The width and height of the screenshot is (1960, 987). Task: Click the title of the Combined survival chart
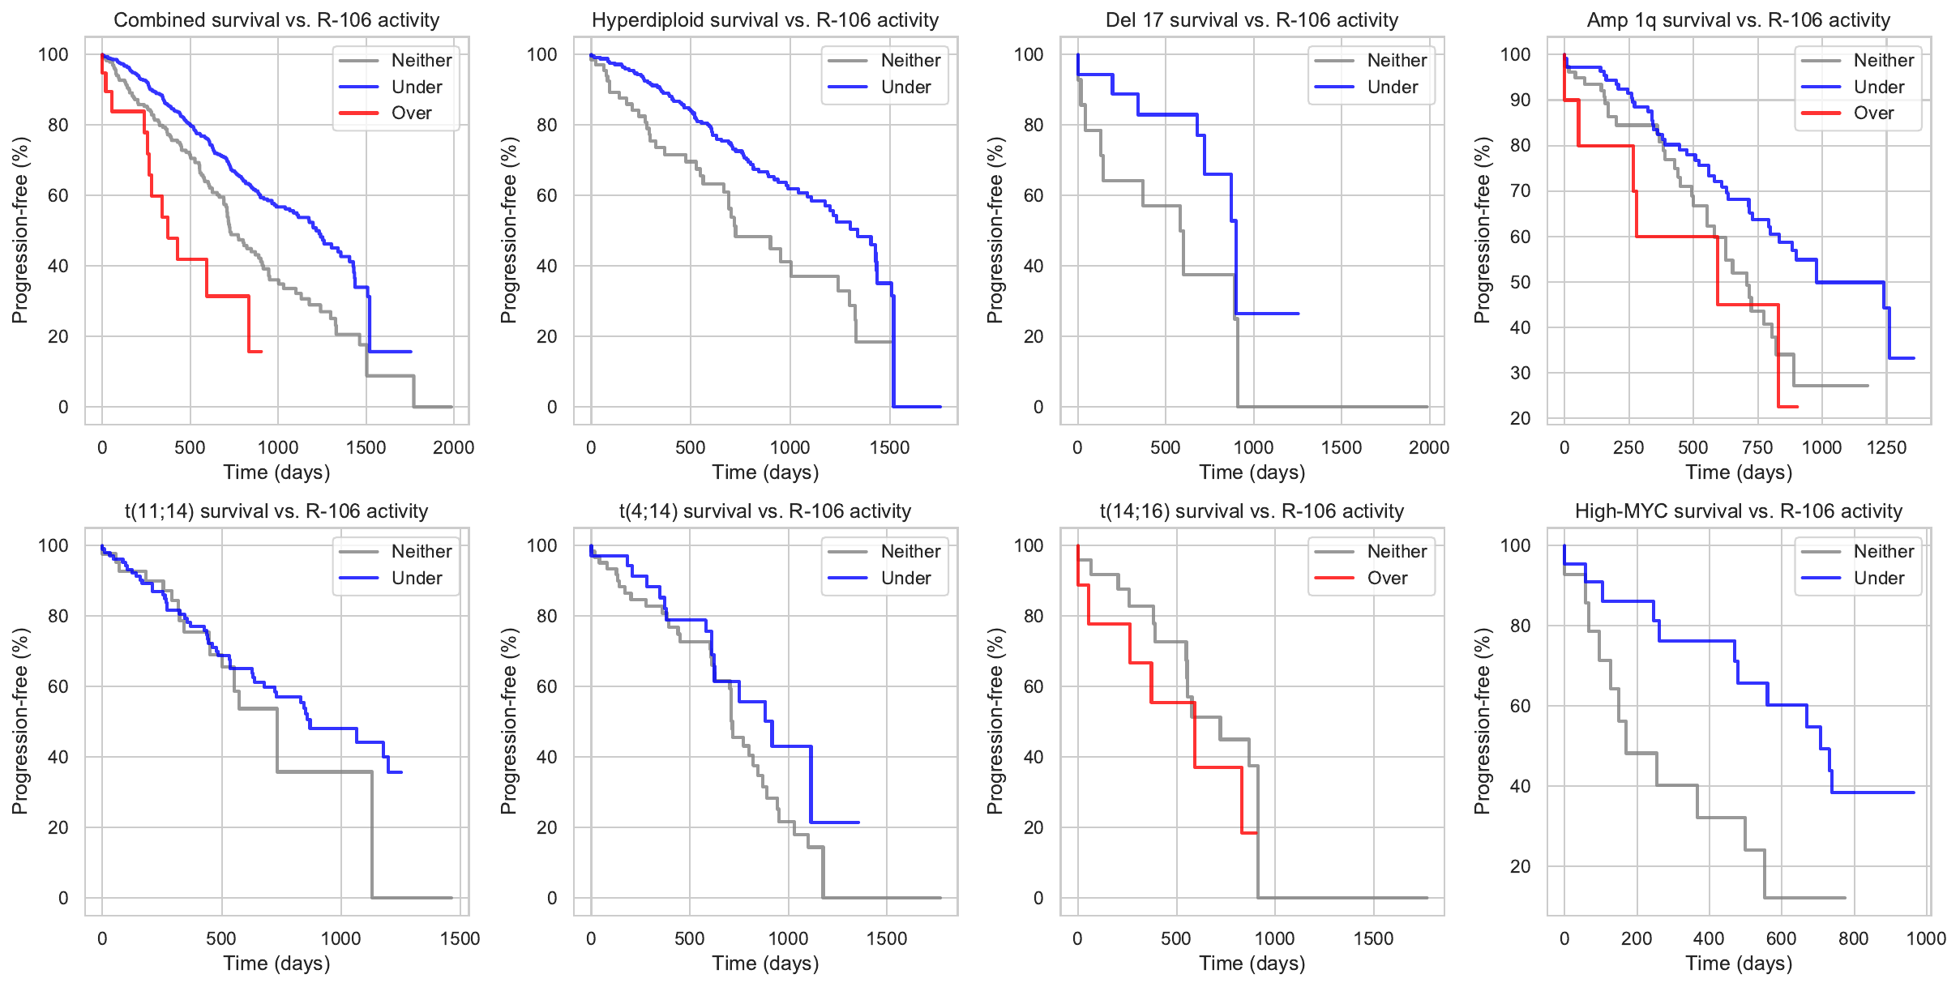276,20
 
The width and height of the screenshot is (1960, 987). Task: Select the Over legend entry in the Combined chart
411,113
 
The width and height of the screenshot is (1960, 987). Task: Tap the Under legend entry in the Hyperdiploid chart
905,87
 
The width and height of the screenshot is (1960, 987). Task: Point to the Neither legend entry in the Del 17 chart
1397,60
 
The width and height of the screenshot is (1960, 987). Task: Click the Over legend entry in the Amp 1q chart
1873,113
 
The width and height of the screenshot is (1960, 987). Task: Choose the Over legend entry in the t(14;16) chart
1387,578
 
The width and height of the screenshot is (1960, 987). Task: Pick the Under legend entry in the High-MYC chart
1878,578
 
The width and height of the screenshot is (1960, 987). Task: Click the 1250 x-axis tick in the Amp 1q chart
1886,447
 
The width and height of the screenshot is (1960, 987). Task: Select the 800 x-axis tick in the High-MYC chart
1854,938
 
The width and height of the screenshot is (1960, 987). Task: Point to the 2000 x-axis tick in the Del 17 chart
1428,447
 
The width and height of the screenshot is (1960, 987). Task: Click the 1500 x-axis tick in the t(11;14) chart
460,938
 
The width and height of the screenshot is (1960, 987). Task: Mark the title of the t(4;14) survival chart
765,511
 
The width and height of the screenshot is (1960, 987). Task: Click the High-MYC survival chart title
1738,511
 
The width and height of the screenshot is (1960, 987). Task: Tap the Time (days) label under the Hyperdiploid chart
765,472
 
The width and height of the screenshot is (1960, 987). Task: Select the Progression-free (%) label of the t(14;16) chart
995,721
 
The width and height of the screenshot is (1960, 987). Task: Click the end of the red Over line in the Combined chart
261,352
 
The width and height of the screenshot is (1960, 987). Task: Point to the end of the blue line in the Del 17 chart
1298,314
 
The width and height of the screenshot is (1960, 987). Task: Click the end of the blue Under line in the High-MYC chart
1913,793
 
